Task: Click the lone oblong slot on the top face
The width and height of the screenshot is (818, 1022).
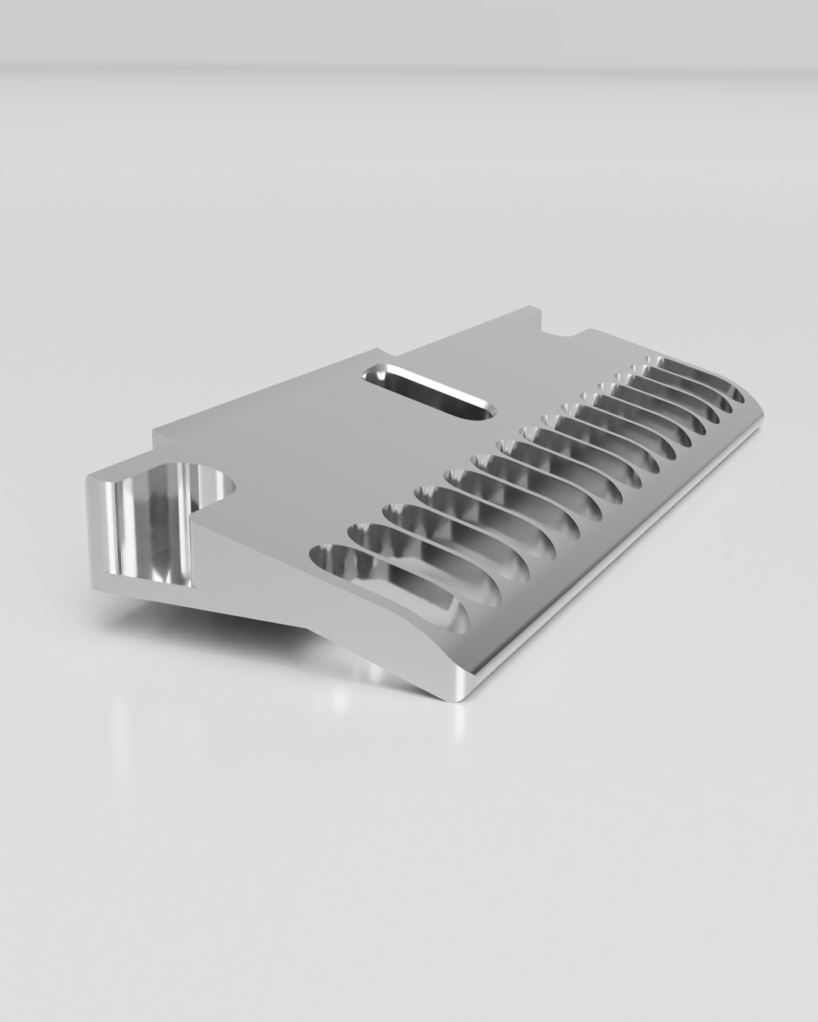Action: pos(430,392)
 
